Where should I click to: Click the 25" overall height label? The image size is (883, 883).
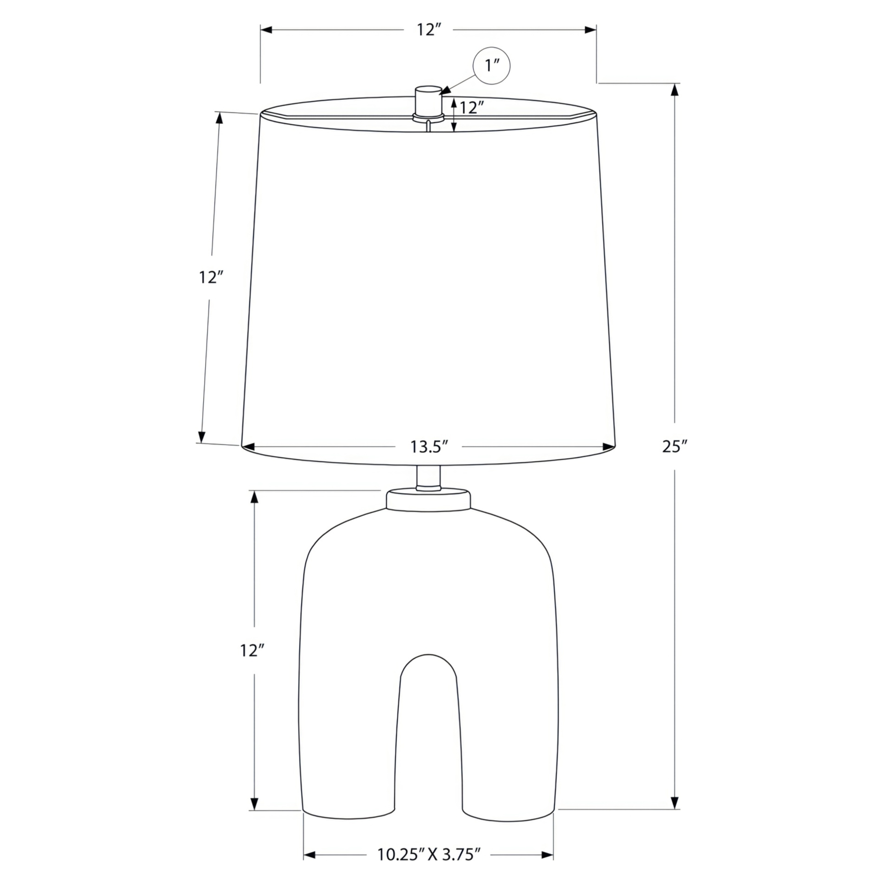pos(675,446)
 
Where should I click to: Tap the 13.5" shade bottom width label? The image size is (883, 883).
pos(429,447)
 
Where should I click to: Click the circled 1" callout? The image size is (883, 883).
pos(492,65)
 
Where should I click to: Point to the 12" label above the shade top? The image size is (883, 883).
pos(429,30)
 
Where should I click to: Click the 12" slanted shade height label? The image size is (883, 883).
pos(212,277)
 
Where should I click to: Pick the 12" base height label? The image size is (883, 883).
pos(252,651)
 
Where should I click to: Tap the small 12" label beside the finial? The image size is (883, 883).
pos(472,108)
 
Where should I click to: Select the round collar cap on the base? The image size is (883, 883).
pos(428,500)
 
